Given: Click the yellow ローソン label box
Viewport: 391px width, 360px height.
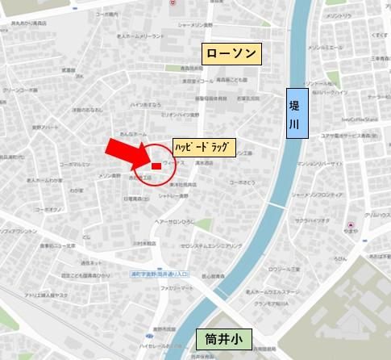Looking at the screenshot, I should pyautogui.click(x=232, y=54).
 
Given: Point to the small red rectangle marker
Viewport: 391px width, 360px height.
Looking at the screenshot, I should pyautogui.click(x=156, y=166).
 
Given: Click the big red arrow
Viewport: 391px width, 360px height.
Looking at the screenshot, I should pyautogui.click(x=129, y=153).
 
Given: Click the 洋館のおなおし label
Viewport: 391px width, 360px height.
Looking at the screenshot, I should pyautogui.click(x=87, y=110).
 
